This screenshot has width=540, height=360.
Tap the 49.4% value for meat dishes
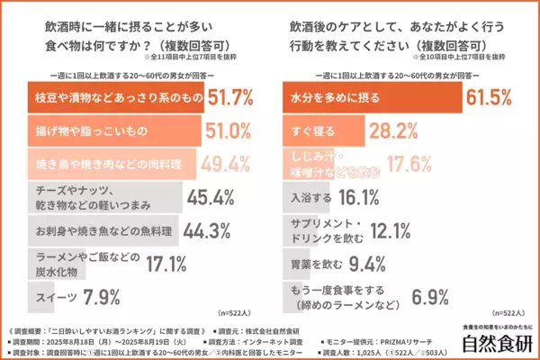(224, 163)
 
